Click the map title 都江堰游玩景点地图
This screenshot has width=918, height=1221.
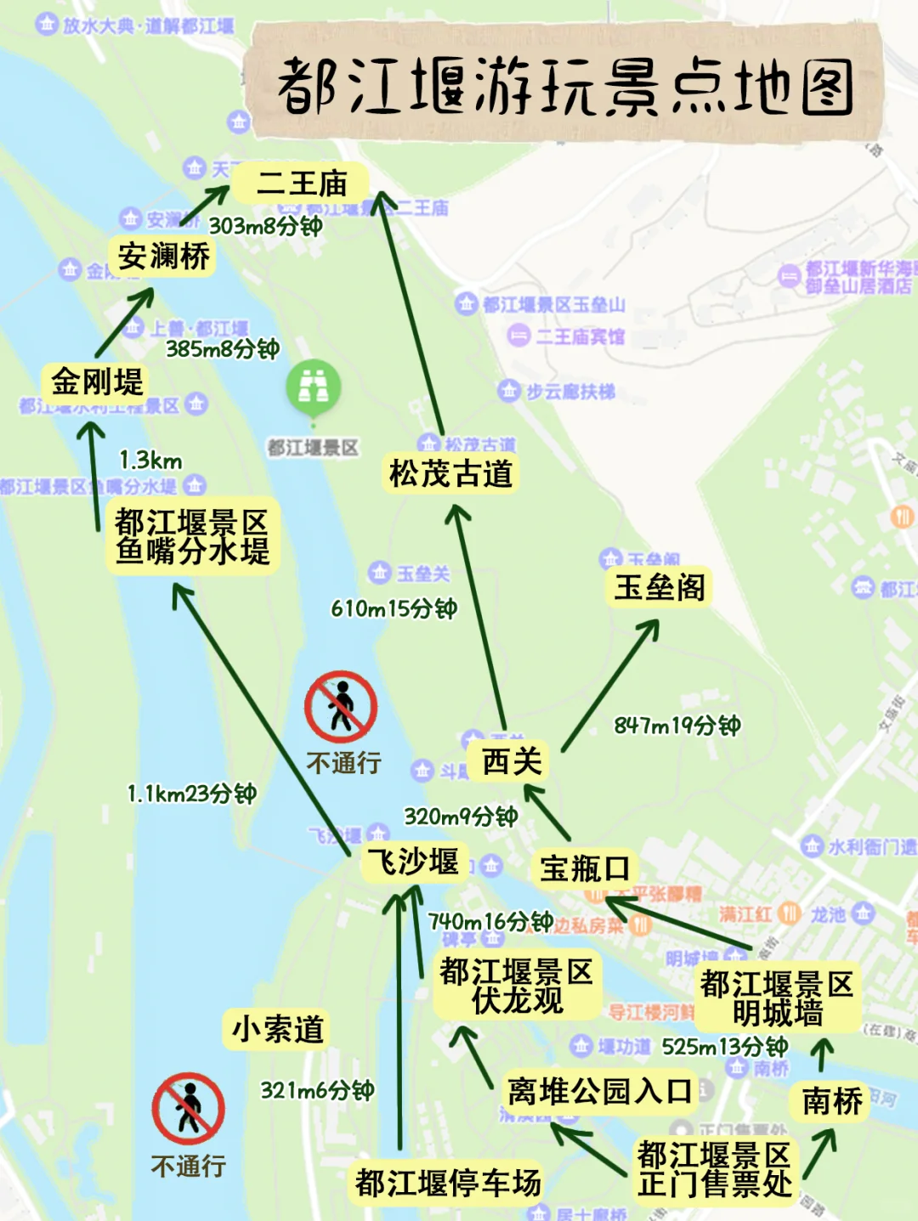point(564,86)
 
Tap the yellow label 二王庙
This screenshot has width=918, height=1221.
point(302,184)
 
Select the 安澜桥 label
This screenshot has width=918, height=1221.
point(163,256)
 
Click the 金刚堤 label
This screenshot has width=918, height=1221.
point(97,382)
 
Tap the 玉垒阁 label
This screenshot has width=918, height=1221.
point(660,587)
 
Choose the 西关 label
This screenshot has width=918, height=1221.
point(511,761)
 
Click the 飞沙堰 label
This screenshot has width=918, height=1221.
point(414,862)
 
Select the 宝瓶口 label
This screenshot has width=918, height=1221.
point(585,868)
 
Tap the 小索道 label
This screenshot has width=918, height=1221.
point(277,1029)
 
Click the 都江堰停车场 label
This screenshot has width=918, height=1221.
point(447,1182)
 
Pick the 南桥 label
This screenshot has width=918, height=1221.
point(831,1101)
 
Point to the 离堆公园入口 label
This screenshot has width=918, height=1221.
point(599,1091)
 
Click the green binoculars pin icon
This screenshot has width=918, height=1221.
point(313,387)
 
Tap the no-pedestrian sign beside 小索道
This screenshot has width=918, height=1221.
point(189,1108)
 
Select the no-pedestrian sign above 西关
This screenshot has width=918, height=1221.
point(341,707)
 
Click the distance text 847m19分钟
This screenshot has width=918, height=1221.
point(677,725)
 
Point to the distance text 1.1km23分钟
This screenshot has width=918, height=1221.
point(191,794)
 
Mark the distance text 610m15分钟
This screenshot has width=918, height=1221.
point(394,608)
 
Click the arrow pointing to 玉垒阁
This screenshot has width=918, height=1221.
point(610,684)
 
